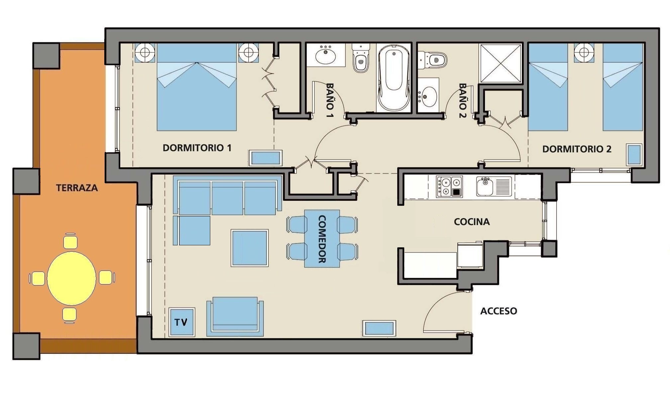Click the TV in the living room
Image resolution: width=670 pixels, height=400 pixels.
182,322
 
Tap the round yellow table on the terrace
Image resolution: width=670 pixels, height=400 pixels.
71,278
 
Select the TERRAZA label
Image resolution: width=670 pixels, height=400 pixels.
77,188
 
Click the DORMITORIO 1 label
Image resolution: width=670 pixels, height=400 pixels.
197,148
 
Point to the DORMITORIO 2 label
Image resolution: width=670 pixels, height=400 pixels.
577,149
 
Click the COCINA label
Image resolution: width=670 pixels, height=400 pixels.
472,222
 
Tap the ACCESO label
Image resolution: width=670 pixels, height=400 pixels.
499,311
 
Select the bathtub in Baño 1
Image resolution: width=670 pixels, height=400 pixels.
394,78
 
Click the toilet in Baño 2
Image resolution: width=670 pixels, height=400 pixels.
432,60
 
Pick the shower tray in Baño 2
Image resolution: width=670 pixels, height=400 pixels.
501,63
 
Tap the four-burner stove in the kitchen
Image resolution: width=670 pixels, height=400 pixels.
449,187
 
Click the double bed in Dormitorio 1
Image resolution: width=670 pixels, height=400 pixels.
197,87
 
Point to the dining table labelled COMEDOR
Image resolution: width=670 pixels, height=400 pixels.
322,238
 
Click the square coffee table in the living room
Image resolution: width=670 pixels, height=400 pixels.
250,248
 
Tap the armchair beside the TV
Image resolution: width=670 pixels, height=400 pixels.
235,317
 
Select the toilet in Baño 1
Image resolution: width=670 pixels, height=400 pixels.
361,58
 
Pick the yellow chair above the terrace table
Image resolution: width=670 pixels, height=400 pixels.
70,241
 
